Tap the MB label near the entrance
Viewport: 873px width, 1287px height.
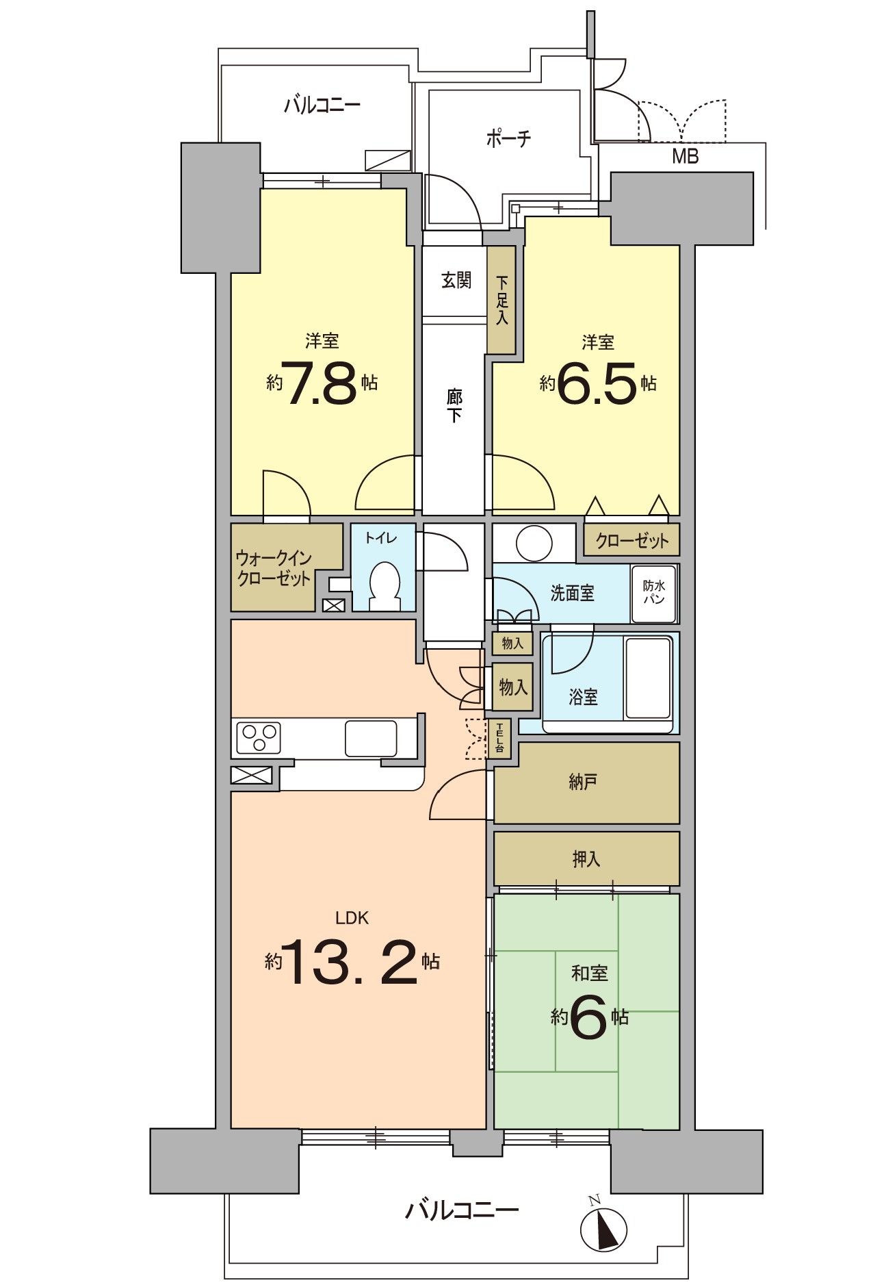[685, 157]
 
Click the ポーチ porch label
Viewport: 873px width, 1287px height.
[508, 139]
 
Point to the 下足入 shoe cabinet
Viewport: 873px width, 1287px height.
[501, 300]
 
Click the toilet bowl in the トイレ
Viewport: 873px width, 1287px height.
[385, 587]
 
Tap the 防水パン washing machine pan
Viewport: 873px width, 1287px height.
[654, 594]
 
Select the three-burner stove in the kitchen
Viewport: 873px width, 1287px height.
[259, 738]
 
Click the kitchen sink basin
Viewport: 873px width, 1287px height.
[371, 738]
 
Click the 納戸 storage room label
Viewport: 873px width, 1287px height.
[583, 782]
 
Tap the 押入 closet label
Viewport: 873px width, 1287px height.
[586, 859]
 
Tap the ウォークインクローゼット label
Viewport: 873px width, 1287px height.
[274, 568]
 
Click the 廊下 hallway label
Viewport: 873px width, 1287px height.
[454, 405]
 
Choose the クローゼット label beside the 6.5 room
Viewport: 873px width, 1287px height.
[632, 541]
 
